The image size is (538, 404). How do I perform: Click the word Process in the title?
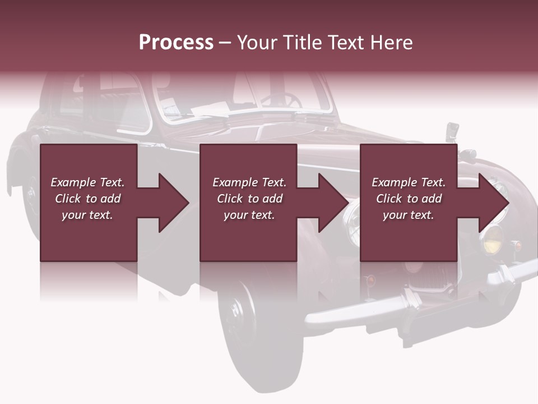pos(176,43)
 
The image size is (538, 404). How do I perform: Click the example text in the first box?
pos(88,199)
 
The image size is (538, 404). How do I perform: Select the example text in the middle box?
pos(249,199)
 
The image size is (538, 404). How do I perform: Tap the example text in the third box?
pos(409,199)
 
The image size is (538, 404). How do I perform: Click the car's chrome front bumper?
pos(392,303)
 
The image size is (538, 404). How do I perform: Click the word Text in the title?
pos(346,43)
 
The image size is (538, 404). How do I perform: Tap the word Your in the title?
pos(256,43)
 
